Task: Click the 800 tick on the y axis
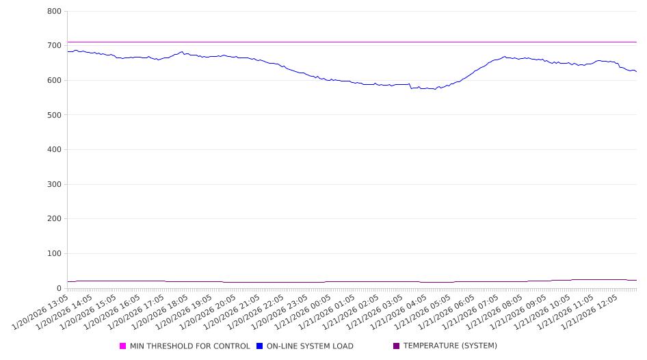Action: point(55,11)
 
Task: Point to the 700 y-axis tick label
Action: point(55,46)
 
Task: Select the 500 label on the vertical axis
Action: point(55,115)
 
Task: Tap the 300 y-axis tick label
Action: point(55,184)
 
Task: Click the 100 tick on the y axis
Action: point(55,254)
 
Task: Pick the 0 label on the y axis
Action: point(59,288)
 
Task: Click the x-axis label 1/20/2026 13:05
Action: point(40,311)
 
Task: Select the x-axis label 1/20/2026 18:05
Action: point(161,311)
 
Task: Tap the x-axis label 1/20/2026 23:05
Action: point(280,311)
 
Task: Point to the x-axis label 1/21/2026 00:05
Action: point(304,311)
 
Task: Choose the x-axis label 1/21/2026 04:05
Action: point(401,311)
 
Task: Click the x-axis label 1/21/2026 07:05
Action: point(473,311)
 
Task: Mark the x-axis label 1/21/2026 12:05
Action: point(592,311)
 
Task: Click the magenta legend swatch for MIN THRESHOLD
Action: point(123,346)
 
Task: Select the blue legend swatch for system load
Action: point(260,346)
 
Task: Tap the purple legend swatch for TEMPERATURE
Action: point(397,346)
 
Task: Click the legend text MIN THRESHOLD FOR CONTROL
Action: point(189,346)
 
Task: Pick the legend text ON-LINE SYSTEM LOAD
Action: point(309,346)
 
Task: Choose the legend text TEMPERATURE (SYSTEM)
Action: point(450,346)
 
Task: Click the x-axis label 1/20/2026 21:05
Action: point(233,311)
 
